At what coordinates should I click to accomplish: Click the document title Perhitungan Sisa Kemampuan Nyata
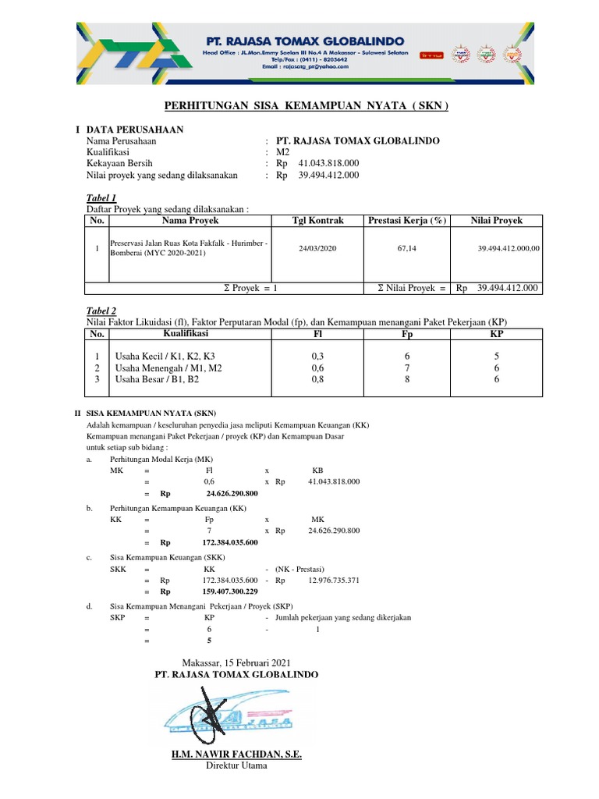[x=307, y=105]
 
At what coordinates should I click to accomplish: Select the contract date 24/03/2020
[x=317, y=248]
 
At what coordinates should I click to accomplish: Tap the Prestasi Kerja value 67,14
[x=406, y=248]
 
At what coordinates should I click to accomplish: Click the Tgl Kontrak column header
[x=317, y=221]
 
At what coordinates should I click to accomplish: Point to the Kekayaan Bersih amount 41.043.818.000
[x=328, y=164]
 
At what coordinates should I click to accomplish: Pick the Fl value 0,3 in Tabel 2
[x=317, y=356]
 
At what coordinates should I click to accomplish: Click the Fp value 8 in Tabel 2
[x=407, y=379]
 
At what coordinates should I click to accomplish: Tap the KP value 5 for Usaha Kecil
[x=497, y=356]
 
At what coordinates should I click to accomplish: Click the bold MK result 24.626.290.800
[x=232, y=494]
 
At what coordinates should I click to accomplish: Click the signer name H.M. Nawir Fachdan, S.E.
[x=236, y=755]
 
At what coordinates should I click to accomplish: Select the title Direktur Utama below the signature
[x=236, y=766]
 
